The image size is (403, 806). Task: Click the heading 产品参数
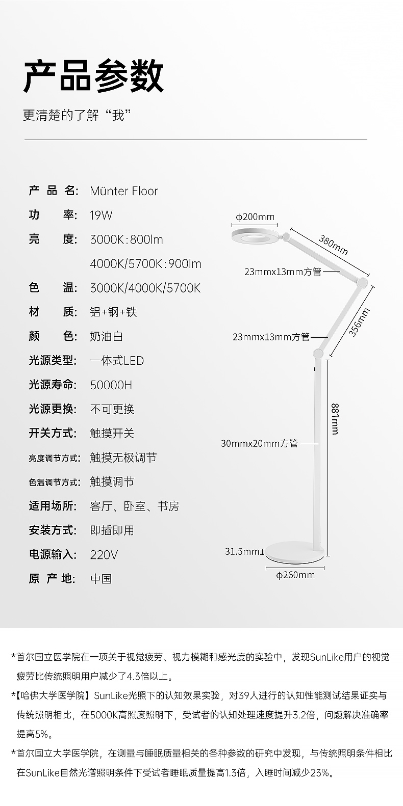pyautogui.click(x=93, y=76)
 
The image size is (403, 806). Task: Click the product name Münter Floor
pyautogui.click(x=124, y=191)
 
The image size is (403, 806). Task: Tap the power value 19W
pyautogui.click(x=101, y=215)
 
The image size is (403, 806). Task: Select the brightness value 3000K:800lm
pyautogui.click(x=127, y=239)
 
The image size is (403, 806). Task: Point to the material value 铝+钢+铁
pyautogui.click(x=113, y=312)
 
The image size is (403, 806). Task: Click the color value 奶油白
pyautogui.click(x=106, y=336)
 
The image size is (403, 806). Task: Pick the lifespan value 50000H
pyautogui.click(x=111, y=385)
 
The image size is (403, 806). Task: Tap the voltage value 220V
pyautogui.click(x=104, y=554)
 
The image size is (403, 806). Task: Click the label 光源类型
pyautogui.click(x=53, y=361)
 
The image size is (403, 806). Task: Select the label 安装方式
pyautogui.click(x=53, y=530)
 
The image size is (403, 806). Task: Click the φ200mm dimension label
pyautogui.click(x=255, y=217)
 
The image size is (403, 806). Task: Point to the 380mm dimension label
pyautogui.click(x=333, y=245)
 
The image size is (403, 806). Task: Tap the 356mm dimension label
pyautogui.click(x=359, y=322)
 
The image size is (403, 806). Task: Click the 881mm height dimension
pyautogui.click(x=335, y=419)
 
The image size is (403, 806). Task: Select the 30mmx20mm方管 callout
pyautogui.click(x=259, y=444)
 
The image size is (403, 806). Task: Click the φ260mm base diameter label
pyautogui.click(x=295, y=575)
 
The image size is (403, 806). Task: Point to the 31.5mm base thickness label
pyautogui.click(x=242, y=551)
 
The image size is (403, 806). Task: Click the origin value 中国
pyautogui.click(x=100, y=579)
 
